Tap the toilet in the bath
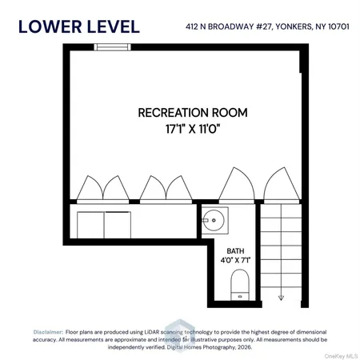point(238,283)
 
